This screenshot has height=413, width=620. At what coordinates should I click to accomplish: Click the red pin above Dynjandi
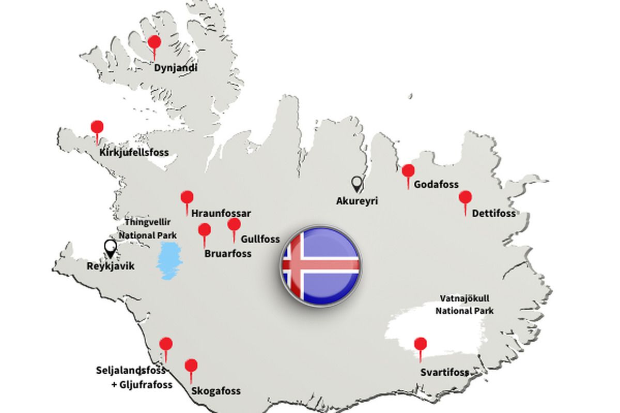(154, 43)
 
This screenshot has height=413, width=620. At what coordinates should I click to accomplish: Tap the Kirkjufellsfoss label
(134, 153)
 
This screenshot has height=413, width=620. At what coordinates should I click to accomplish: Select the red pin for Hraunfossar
(187, 198)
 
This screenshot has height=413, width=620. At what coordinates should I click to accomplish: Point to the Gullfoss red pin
(234, 225)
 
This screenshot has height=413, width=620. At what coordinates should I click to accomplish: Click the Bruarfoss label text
(228, 253)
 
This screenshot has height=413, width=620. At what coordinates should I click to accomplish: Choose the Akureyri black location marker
(357, 183)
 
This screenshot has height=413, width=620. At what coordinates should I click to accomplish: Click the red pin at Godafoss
(408, 171)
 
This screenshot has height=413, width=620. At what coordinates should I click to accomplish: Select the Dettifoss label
(494, 213)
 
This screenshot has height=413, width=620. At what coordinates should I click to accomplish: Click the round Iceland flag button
(320, 266)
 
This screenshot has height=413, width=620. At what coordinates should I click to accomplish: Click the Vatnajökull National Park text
(464, 305)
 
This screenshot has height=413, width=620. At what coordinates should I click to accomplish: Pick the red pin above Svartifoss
(421, 344)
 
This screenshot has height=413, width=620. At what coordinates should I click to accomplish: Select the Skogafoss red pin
(191, 366)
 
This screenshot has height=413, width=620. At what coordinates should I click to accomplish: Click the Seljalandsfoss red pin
(166, 344)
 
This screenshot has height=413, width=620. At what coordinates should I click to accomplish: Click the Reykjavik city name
(110, 267)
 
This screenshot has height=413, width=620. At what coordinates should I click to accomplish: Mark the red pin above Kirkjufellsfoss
(97, 128)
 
